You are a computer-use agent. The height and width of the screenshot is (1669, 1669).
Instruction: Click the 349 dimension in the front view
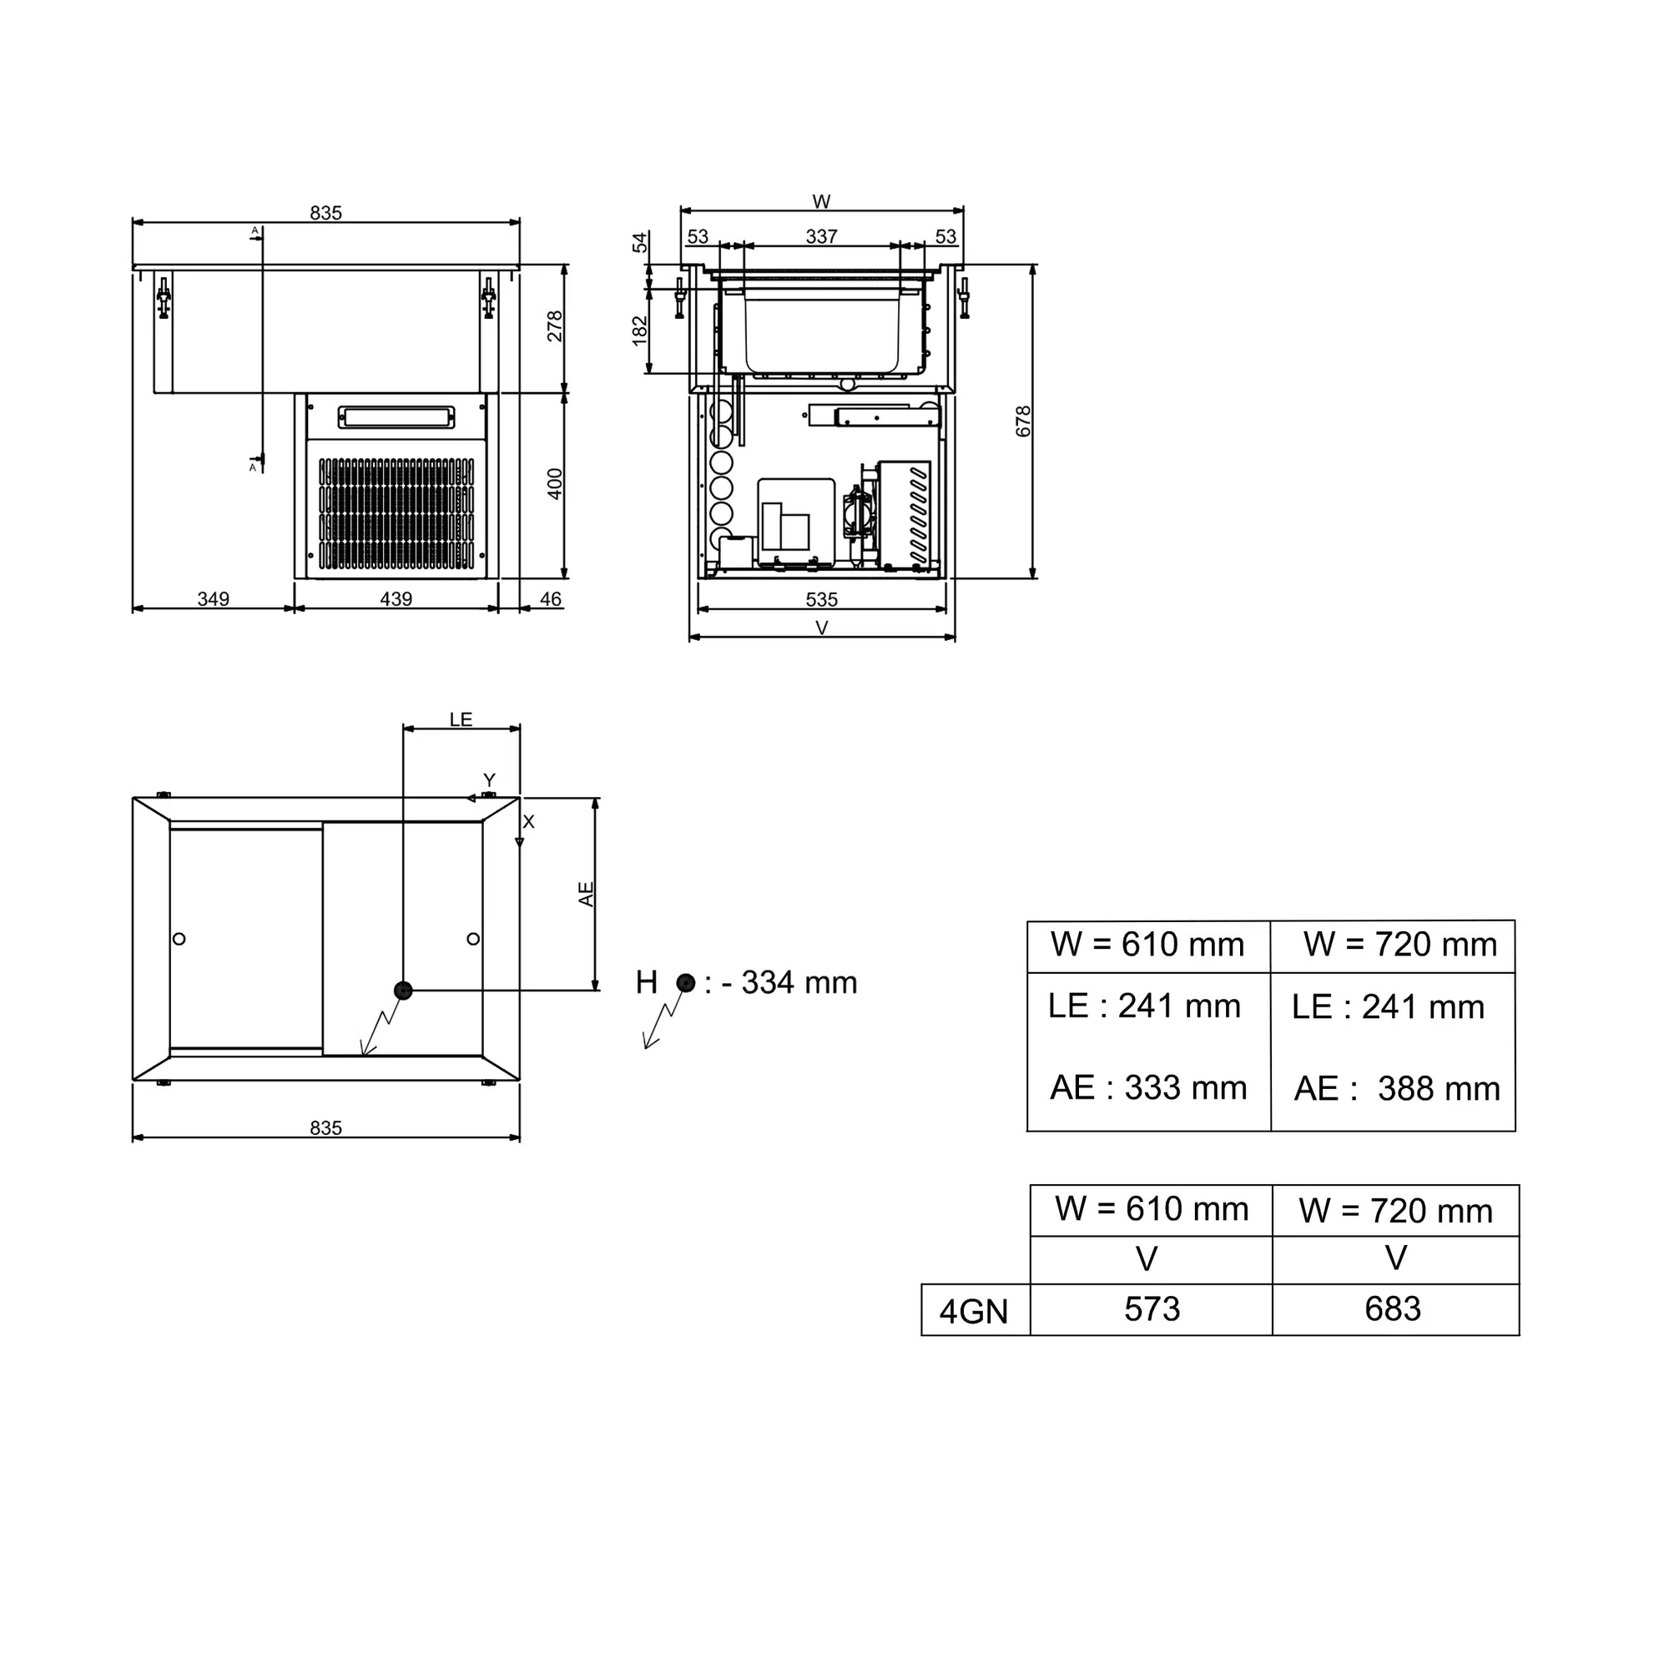[x=214, y=598]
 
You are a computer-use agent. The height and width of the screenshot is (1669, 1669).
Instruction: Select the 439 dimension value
[x=396, y=598]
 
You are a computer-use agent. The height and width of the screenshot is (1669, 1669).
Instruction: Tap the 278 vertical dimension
[x=555, y=326]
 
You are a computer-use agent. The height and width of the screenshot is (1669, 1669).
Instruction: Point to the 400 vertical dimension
[x=555, y=484]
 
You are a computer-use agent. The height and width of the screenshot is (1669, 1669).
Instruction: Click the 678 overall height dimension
[x=1024, y=421]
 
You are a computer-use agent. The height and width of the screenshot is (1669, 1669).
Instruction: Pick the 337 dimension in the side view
[x=821, y=236]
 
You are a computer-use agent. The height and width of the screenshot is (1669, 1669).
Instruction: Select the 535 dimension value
[x=821, y=599]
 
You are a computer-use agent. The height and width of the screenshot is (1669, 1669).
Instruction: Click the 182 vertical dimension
[x=639, y=330]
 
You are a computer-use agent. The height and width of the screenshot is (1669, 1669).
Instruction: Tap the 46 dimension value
[x=550, y=598]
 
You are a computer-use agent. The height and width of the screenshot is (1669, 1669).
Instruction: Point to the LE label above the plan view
[x=461, y=719]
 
